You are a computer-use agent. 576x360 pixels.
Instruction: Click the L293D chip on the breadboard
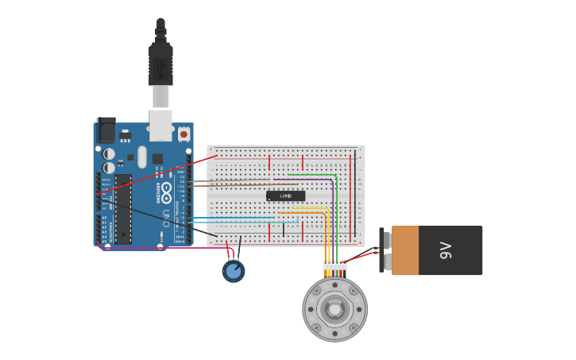point(285,195)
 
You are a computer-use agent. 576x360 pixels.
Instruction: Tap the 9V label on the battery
point(446,250)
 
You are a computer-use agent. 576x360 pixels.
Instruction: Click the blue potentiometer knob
point(233,272)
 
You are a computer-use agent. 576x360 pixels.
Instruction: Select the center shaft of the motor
point(334,308)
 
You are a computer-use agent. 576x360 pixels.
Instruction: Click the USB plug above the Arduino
point(160,64)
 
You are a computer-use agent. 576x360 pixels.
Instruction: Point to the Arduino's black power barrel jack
point(106,130)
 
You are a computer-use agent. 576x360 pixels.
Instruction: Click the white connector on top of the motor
point(334,265)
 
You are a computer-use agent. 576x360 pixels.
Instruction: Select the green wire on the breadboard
point(337,215)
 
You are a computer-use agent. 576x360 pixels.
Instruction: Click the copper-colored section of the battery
point(405,250)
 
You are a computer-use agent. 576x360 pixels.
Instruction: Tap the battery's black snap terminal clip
point(382,250)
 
